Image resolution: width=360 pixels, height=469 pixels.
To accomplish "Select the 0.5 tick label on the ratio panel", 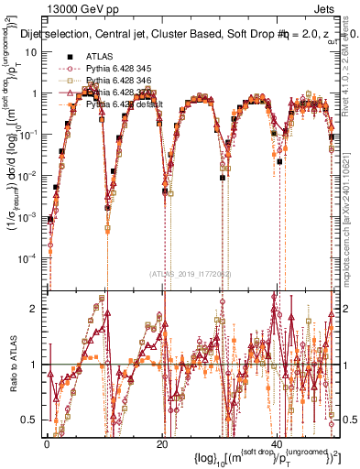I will (x=31, y=420).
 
